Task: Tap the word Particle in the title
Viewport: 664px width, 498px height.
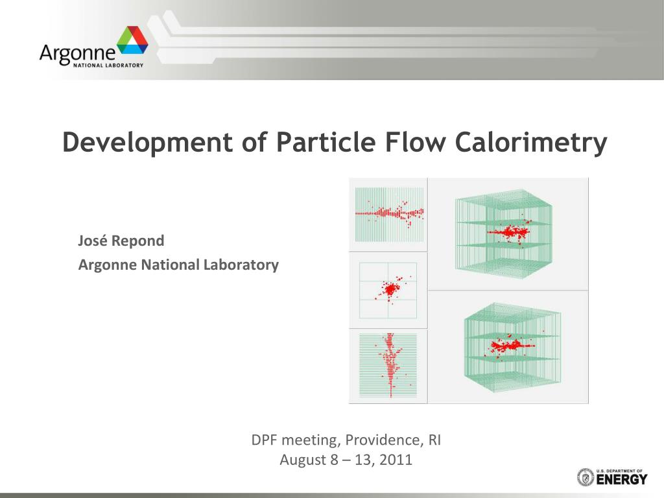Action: point(326,141)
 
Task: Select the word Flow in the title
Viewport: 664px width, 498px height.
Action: point(415,141)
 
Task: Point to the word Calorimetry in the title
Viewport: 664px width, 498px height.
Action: point(531,143)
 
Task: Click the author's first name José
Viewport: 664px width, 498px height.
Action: point(92,240)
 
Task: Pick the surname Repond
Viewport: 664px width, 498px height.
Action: point(137,241)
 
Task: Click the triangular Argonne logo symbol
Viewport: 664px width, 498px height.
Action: point(132,40)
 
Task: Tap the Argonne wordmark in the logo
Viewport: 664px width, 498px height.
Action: point(77,54)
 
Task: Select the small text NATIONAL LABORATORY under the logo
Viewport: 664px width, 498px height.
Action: point(108,65)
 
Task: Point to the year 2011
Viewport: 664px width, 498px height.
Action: point(396,460)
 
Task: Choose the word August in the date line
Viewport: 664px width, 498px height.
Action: point(305,460)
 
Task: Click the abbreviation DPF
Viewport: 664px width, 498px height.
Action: point(265,440)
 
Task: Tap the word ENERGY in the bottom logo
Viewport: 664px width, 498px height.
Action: point(622,479)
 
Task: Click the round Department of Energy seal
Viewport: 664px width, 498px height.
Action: point(586,477)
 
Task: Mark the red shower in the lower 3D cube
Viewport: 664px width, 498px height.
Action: point(510,346)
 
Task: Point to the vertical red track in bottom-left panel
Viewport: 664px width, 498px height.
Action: point(390,365)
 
